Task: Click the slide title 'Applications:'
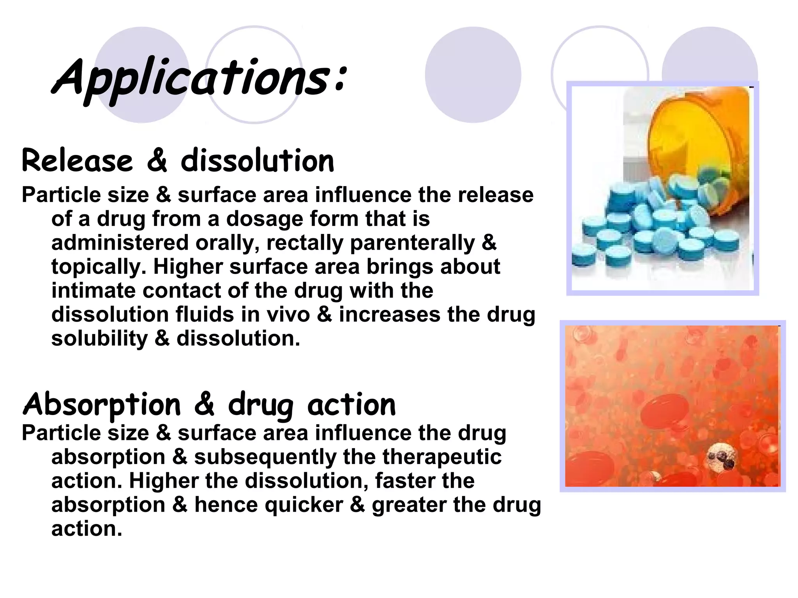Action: pyautogui.click(x=199, y=78)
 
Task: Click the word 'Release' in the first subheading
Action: pyautogui.click(x=77, y=161)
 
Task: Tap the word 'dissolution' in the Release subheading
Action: pyautogui.click(x=257, y=161)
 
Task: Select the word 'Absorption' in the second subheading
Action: pyautogui.click(x=102, y=405)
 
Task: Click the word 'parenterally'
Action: pyautogui.click(x=413, y=243)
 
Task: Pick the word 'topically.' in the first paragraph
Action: pyautogui.click(x=99, y=267)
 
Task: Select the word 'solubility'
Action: pyautogui.click(x=99, y=338)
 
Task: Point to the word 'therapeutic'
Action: pyautogui.click(x=442, y=457)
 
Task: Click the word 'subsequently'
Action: pyautogui.click(x=265, y=457)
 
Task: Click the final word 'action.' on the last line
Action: pyautogui.click(x=87, y=529)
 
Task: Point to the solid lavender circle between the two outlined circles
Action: pyautogui.click(x=473, y=75)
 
